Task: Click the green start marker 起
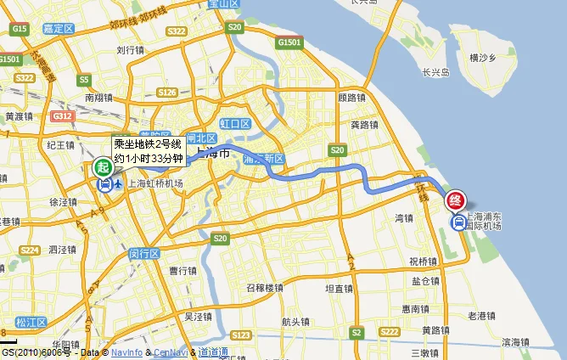102,168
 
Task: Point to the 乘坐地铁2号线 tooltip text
148,143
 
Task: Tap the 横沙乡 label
482,58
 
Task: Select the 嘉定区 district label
59,29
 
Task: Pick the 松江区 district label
31,323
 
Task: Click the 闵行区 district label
143,253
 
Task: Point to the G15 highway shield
20,30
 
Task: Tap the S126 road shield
167,93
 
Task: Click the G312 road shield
62,116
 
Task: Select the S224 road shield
31,250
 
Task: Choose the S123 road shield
241,335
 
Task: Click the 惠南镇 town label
416,308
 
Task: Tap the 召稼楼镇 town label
265,288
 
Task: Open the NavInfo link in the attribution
126,352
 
